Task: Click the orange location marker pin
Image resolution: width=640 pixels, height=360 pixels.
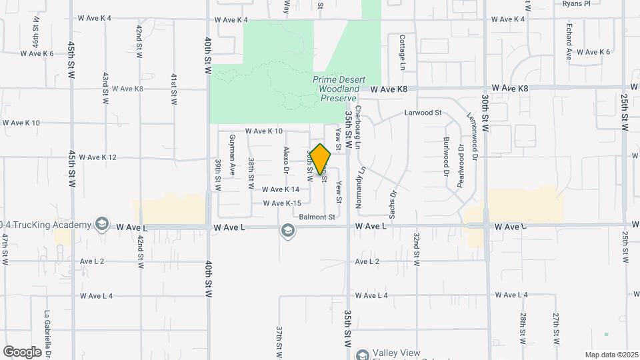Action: click(321, 159)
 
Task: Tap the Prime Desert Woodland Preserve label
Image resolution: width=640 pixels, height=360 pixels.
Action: click(337, 89)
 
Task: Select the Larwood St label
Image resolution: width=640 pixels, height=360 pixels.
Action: click(423, 113)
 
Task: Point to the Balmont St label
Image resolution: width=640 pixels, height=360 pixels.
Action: click(317, 217)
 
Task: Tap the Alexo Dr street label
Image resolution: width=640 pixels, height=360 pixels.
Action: click(286, 160)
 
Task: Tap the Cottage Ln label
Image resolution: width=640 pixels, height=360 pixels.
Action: click(403, 53)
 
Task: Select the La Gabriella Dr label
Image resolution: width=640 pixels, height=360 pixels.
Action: click(48, 333)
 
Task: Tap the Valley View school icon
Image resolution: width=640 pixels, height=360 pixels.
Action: click(362, 354)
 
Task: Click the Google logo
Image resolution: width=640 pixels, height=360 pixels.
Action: click(22, 351)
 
